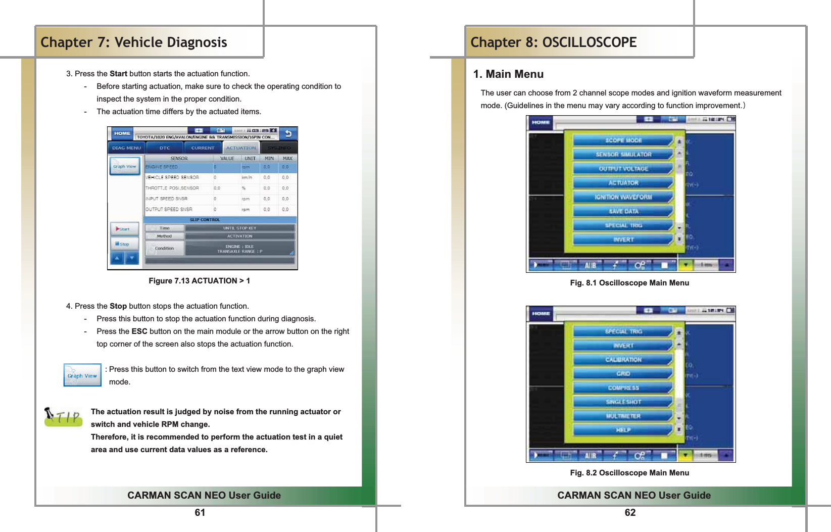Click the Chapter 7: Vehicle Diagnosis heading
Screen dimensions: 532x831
(x=134, y=42)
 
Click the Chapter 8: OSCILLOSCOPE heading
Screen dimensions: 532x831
(x=553, y=42)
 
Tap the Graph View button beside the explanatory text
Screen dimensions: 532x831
(x=82, y=375)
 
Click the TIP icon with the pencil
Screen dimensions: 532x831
(x=63, y=417)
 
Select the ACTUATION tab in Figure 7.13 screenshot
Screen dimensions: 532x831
(x=241, y=148)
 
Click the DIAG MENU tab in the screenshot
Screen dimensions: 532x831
(x=126, y=148)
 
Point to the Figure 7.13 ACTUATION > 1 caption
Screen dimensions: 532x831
(x=199, y=281)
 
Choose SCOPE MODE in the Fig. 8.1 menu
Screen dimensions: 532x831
(x=623, y=140)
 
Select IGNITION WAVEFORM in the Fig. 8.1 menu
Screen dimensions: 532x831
(x=623, y=197)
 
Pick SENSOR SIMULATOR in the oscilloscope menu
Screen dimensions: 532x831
(x=623, y=155)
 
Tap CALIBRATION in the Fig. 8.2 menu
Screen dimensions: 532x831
(x=623, y=360)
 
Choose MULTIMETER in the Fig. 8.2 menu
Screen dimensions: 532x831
(x=623, y=416)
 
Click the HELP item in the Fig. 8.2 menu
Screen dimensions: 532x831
(x=623, y=430)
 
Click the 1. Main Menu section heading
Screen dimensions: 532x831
(x=508, y=74)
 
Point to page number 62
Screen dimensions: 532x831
(x=630, y=513)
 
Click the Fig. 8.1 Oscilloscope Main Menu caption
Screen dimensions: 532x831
(x=629, y=283)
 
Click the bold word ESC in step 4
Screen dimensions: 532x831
(x=139, y=331)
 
